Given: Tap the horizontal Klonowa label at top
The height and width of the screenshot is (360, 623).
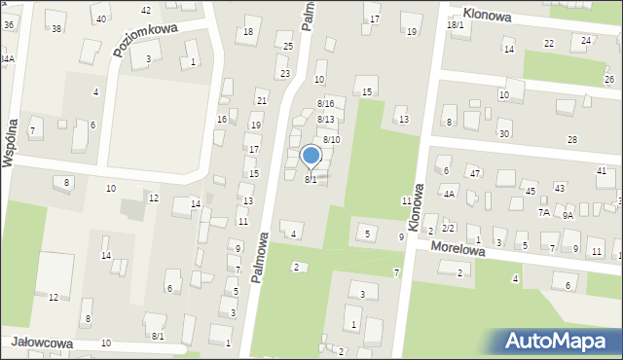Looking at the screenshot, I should click(x=488, y=14).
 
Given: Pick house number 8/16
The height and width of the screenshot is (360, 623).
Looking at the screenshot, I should click(x=326, y=104).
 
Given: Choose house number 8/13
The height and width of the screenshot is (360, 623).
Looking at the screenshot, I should click(x=326, y=120).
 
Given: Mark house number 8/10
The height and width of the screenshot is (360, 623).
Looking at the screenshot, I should click(x=332, y=140).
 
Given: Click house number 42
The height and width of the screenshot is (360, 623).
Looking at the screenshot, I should click(x=146, y=10).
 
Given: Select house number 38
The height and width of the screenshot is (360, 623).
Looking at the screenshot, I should click(x=56, y=28).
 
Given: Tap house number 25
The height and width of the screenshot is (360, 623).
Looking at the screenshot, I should click(x=287, y=47).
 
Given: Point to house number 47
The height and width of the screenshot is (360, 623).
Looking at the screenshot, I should click(x=475, y=173).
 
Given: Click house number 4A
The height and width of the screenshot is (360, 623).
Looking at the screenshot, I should click(x=450, y=194).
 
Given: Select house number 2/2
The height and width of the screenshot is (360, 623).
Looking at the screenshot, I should click(x=449, y=227).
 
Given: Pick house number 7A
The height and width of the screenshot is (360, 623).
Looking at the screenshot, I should click(x=543, y=211).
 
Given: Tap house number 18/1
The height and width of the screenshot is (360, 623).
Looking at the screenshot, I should click(x=455, y=24).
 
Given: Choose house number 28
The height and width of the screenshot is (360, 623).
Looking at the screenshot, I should click(x=572, y=140).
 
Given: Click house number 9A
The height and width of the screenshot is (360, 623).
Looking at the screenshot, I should click(x=568, y=216).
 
